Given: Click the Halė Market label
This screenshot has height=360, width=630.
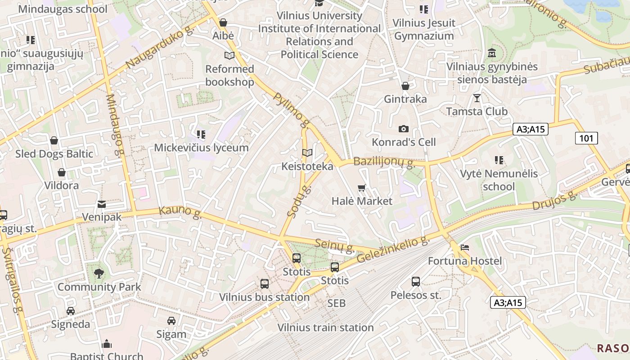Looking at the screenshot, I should pyautogui.click(x=362, y=201).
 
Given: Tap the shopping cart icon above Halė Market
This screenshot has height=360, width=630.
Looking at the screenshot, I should pyautogui.click(x=362, y=188).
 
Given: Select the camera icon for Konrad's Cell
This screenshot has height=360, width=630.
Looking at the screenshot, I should pyautogui.click(x=404, y=129).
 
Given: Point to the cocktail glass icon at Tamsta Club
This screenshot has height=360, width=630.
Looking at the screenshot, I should pyautogui.click(x=477, y=98).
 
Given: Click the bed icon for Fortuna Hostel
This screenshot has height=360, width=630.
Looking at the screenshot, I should pyautogui.click(x=464, y=247).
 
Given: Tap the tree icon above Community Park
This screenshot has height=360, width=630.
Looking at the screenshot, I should pyautogui.click(x=99, y=273).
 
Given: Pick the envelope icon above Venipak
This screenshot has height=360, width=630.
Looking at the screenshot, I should pyautogui.click(x=102, y=204).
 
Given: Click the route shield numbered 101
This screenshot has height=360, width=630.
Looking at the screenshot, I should pyautogui.click(x=586, y=138).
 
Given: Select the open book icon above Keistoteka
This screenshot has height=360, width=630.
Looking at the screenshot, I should pyautogui.click(x=307, y=153).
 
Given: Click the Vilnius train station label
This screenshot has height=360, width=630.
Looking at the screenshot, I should pyautogui.click(x=325, y=328).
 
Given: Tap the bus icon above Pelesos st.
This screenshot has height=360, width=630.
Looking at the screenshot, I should pyautogui.click(x=416, y=282).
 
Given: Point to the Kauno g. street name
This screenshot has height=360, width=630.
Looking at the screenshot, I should pyautogui.click(x=180, y=212).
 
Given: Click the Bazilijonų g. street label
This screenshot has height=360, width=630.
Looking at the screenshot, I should pyautogui.click(x=384, y=162).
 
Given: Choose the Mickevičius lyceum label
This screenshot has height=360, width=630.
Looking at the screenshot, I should pyautogui.click(x=201, y=148).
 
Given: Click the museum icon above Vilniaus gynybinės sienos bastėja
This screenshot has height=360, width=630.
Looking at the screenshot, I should pyautogui.click(x=492, y=53).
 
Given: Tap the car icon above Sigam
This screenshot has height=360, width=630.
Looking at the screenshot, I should pyautogui.click(x=171, y=321).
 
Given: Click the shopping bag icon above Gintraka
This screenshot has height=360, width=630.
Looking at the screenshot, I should pyautogui.click(x=405, y=85).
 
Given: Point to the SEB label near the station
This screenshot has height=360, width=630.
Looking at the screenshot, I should pyautogui.click(x=337, y=303).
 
